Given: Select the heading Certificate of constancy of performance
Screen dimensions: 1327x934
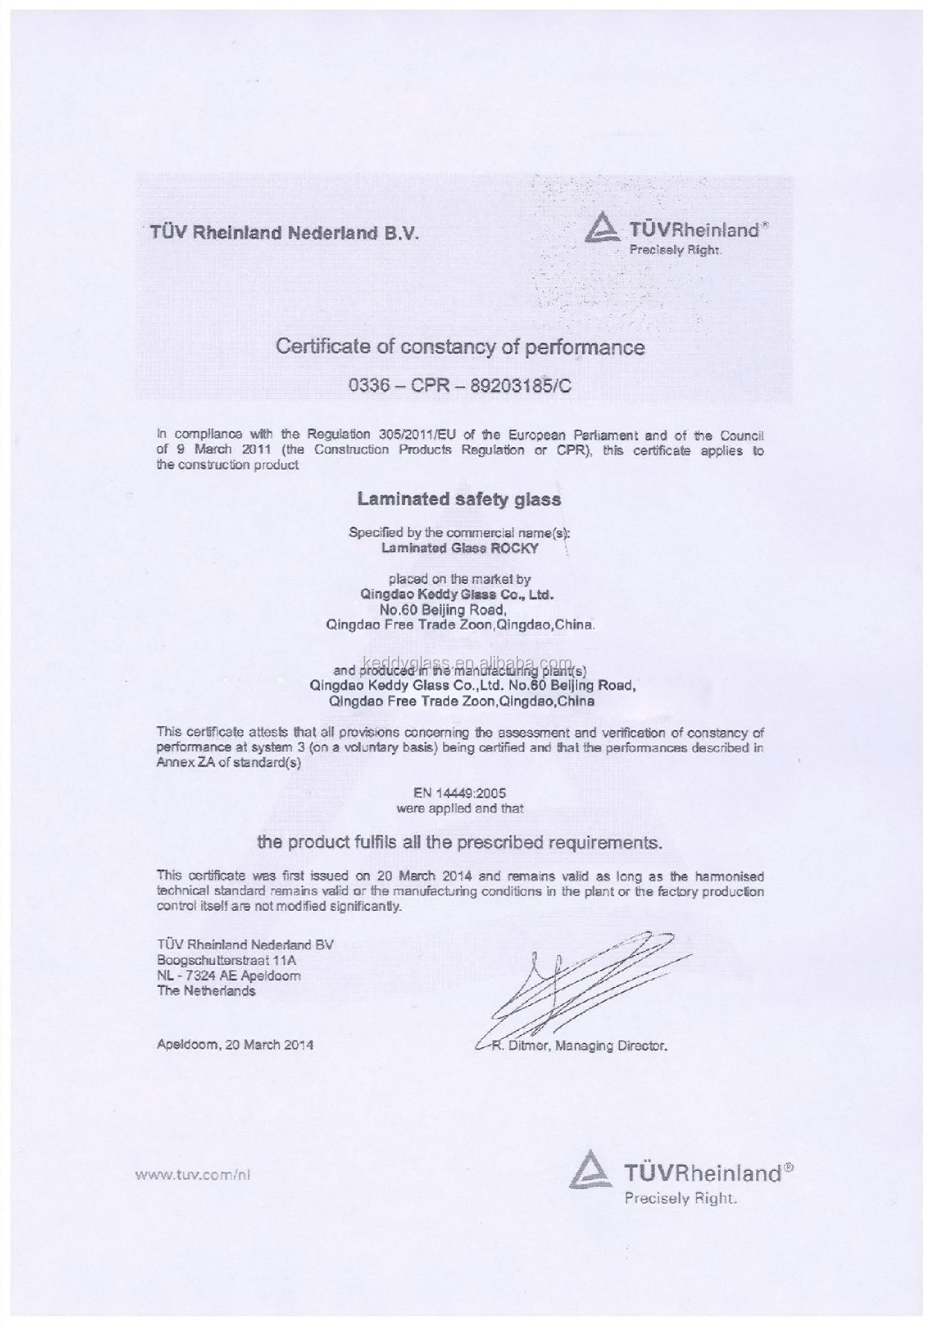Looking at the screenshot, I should click(x=460, y=346).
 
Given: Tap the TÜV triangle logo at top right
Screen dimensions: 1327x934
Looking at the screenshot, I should click(x=599, y=230).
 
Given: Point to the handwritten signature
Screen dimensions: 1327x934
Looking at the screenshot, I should click(x=581, y=988).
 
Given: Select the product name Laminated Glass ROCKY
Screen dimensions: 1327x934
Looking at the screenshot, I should click(x=460, y=548).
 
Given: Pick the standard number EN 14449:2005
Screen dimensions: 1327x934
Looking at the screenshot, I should click(x=460, y=793).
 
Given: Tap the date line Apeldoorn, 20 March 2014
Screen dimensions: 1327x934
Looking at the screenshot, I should click(x=235, y=1045).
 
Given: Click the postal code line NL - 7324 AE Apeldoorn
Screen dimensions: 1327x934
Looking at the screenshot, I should click(x=229, y=975).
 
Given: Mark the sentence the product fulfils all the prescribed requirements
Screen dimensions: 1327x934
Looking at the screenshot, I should click(x=460, y=843).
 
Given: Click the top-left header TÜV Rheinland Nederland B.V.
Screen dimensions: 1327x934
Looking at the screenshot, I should click(x=284, y=233).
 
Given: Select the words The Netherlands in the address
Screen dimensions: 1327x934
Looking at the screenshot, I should click(x=206, y=991).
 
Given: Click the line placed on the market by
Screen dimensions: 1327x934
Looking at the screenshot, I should click(x=460, y=579).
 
